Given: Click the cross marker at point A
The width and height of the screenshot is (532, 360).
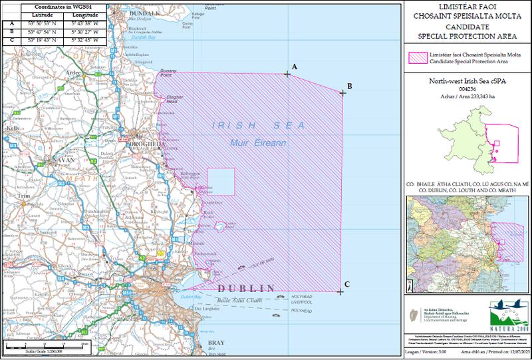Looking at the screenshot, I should pos(287,74).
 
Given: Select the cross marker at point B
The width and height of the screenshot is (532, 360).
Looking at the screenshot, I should pos(342,92).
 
